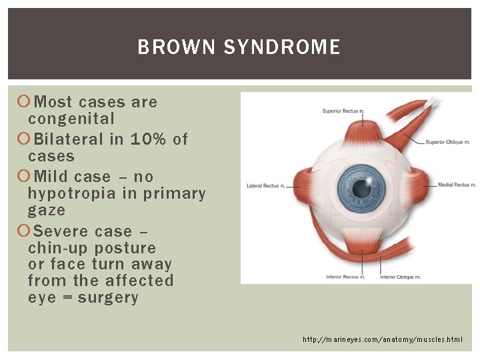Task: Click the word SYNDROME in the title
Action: [282, 47]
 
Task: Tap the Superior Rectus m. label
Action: [342, 111]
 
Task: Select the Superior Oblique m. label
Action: [449, 142]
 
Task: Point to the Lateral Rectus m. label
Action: [265, 185]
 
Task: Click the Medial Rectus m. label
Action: [457, 185]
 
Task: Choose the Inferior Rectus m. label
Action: [345, 276]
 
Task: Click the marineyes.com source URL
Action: [382, 339]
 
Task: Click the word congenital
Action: [71, 119]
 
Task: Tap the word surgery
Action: [108, 297]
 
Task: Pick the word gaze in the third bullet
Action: [47, 210]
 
